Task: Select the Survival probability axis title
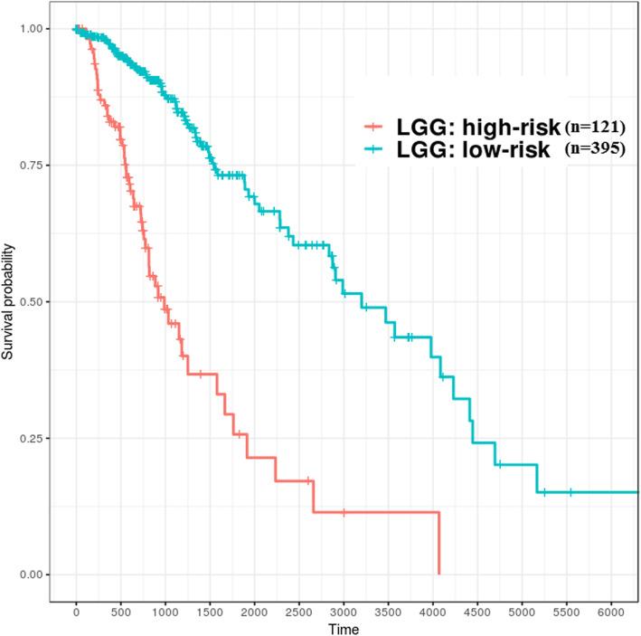pyautogui.click(x=10, y=301)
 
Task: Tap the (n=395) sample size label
pyautogui.click(x=594, y=150)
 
